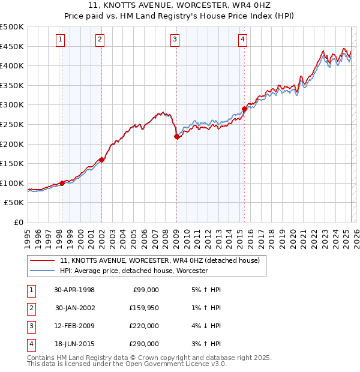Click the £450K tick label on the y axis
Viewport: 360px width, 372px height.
pyautogui.click(x=12, y=46)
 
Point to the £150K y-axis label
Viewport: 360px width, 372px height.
pyautogui.click(x=12, y=163)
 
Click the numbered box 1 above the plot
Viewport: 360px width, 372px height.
pyautogui.click(x=61, y=40)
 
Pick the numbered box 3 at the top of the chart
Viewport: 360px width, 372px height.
pyautogui.click(x=175, y=40)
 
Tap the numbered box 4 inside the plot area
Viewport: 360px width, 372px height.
pyautogui.click(x=242, y=40)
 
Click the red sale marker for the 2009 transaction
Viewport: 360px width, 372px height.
pyautogui.click(x=176, y=137)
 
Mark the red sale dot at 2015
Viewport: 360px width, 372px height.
pyautogui.click(x=244, y=109)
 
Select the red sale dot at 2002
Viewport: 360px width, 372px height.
pyautogui.click(x=101, y=160)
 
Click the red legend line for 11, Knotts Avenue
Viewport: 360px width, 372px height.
pyautogui.click(x=43, y=261)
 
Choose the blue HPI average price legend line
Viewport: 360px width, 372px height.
pyautogui.click(x=43, y=271)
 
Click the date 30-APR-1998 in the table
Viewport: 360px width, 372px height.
pyautogui.click(x=74, y=290)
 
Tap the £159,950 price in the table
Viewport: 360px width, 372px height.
pyautogui.click(x=143, y=308)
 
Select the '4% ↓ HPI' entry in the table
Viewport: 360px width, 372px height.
pyautogui.click(x=205, y=326)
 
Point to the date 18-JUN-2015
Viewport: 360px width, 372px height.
pyautogui.click(x=74, y=344)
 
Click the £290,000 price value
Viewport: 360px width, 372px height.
pyautogui.click(x=143, y=344)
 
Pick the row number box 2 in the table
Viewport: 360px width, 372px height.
pyautogui.click(x=31, y=308)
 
